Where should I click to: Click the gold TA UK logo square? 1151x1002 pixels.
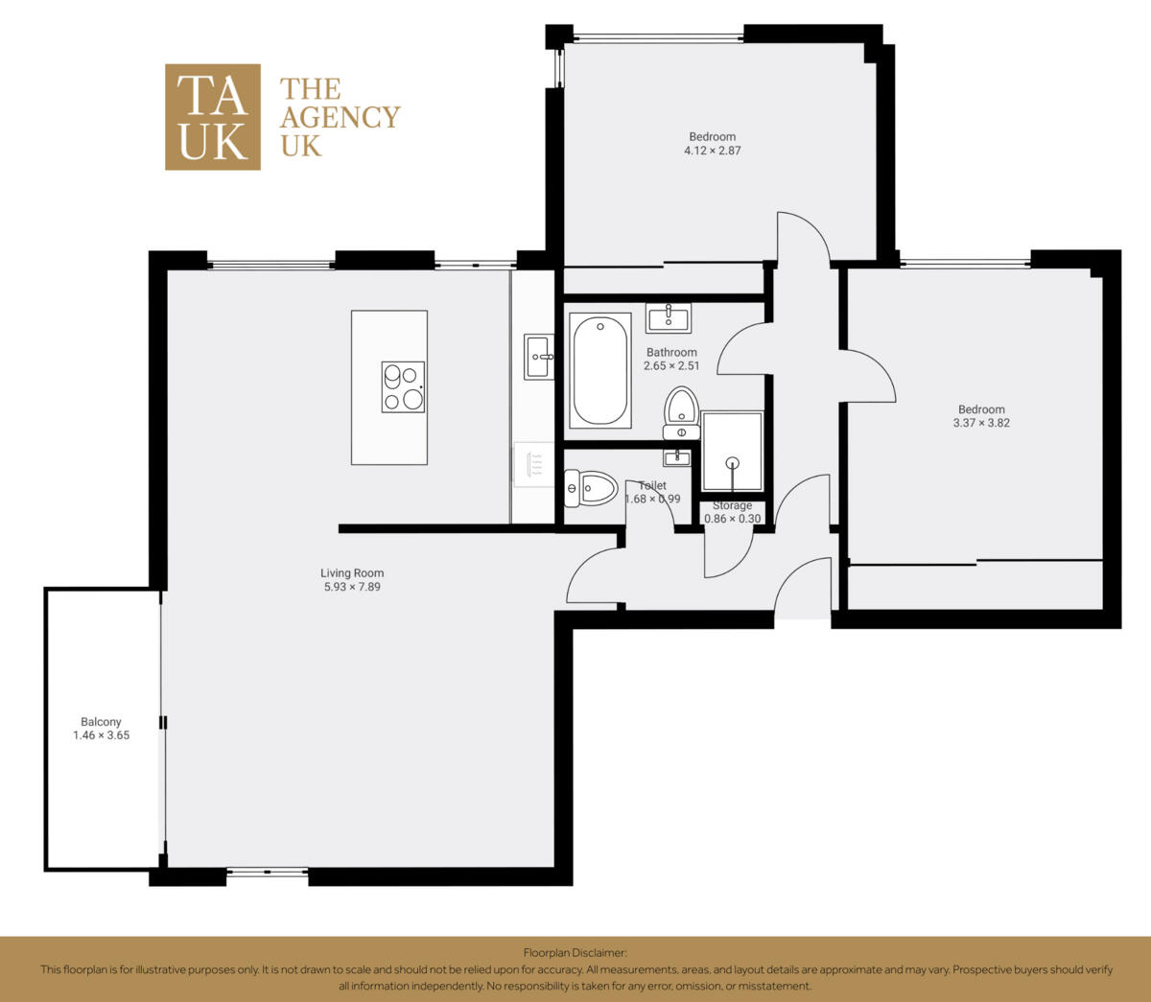click(x=212, y=117)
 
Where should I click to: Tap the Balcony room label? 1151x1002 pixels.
click(x=101, y=722)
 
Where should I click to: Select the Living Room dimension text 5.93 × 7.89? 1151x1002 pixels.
click(x=352, y=587)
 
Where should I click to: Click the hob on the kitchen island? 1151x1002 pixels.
click(x=403, y=386)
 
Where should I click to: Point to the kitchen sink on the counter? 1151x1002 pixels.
click(x=538, y=357)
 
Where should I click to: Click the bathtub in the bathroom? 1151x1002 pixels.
click(x=600, y=370)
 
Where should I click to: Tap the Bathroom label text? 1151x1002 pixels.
click(x=671, y=352)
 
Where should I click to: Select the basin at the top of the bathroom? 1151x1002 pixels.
click(x=669, y=316)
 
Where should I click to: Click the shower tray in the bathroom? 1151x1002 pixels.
click(x=733, y=452)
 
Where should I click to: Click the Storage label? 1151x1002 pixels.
click(x=732, y=505)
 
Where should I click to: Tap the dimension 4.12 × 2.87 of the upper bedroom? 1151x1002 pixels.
click(x=712, y=151)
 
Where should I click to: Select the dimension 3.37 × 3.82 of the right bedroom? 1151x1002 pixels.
click(x=981, y=423)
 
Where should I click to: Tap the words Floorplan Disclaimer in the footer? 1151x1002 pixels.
click(x=575, y=952)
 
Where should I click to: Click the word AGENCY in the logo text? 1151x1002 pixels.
click(x=340, y=117)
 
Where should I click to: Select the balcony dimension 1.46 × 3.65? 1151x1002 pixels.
click(x=101, y=735)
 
